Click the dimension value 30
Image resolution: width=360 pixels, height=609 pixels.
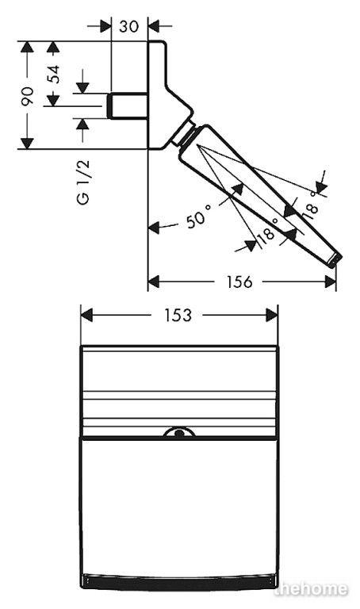click(128, 26)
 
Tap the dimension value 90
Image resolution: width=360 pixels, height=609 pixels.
click(27, 96)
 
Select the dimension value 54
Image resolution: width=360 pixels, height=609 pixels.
click(54, 75)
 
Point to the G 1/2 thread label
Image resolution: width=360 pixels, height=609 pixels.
click(82, 182)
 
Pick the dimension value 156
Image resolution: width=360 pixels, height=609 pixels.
click(239, 282)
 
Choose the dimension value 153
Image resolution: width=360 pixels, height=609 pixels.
click(178, 315)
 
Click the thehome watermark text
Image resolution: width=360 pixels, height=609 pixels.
click(311, 589)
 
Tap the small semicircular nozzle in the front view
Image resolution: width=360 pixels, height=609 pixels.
click(178, 432)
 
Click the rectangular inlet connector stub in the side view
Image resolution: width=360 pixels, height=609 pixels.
click(127, 105)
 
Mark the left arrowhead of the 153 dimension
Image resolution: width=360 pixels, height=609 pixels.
click(86, 315)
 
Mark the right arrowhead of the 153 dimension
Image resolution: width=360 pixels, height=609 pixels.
click(272, 315)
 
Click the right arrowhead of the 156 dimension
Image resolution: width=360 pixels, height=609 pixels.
click(330, 282)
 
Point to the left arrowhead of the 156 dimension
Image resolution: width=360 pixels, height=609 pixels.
click(154, 282)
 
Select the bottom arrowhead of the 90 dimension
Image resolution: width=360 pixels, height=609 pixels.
click(27, 143)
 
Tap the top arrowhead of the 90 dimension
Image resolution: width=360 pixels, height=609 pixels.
click(27, 47)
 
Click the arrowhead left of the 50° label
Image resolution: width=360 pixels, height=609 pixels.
click(154, 228)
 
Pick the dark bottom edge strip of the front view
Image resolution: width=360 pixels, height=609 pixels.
click(178, 582)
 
